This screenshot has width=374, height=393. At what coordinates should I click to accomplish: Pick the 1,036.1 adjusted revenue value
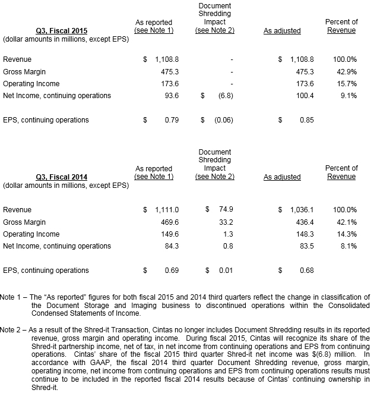pyautogui.click(x=301, y=210)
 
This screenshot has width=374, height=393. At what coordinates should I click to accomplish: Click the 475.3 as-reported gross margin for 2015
pyautogui.click(x=169, y=72)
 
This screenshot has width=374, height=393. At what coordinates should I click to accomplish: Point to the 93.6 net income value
pyautogui.click(x=171, y=96)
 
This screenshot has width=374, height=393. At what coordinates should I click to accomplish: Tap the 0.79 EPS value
pyautogui.click(x=171, y=120)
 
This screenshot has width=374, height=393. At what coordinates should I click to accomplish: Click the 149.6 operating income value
pyautogui.click(x=169, y=234)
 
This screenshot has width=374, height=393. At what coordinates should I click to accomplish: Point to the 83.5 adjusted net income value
pyautogui.click(x=306, y=246)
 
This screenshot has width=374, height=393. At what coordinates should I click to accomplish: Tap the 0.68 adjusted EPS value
pyautogui.click(x=306, y=271)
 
